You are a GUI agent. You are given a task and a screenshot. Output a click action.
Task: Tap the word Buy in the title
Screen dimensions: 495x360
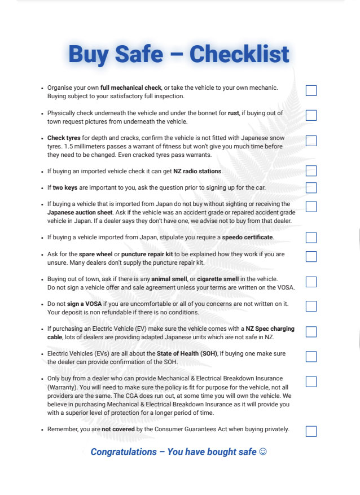click(x=89, y=55)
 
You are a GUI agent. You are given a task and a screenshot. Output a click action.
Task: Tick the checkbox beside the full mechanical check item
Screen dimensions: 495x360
click(x=311, y=91)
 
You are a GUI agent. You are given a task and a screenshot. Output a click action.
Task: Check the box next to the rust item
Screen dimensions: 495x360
click(x=311, y=116)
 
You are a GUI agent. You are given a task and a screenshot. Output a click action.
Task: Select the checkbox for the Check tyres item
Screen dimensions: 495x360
click(x=311, y=141)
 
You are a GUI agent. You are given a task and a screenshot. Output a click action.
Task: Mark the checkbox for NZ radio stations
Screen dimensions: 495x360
click(x=311, y=171)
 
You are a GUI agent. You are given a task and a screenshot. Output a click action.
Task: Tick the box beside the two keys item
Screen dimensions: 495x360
click(x=311, y=188)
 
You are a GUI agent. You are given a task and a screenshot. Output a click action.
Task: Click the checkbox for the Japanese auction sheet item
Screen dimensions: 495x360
click(x=311, y=207)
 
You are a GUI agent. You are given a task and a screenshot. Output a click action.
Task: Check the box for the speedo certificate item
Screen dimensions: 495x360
click(x=311, y=238)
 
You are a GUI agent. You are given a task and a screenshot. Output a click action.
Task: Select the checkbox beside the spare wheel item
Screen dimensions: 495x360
click(x=311, y=257)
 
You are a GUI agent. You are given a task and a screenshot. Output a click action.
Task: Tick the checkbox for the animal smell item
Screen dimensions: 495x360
click(x=311, y=282)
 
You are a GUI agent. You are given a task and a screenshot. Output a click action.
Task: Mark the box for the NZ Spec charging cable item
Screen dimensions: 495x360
click(x=311, y=332)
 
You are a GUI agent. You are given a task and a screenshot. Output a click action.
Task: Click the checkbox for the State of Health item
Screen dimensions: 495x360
click(x=311, y=357)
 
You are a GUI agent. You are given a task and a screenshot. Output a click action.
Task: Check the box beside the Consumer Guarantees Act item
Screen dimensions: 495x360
click(x=311, y=432)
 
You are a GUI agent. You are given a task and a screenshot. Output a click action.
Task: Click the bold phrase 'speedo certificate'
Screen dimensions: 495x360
click(x=248, y=237)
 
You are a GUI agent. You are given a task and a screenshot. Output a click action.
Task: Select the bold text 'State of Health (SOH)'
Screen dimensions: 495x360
click(x=186, y=353)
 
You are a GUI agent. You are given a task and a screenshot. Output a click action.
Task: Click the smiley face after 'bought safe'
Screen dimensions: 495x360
click(x=263, y=452)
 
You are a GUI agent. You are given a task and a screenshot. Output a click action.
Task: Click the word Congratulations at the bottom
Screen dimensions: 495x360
click(x=124, y=452)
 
